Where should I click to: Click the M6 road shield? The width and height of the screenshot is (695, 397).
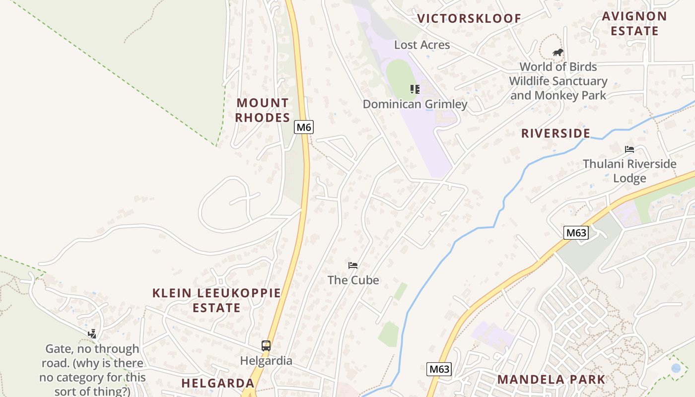pos(304,127)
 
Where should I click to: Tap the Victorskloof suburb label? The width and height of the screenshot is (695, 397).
pos(469,19)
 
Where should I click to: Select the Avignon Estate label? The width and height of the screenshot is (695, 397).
pos(634,23)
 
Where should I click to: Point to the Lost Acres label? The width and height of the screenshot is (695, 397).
pos(422,45)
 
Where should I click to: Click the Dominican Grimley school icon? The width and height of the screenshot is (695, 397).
pos(415,89)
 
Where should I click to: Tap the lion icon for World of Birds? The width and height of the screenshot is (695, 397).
pos(558,52)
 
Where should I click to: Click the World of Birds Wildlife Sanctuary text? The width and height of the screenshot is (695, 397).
pos(558,81)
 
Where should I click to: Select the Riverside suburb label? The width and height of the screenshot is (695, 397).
pos(556,133)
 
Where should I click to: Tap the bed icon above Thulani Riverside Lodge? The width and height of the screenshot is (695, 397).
pos(629,149)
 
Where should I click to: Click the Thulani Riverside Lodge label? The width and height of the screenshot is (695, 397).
pos(629,171)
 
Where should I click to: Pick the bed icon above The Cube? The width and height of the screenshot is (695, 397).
pos(353,265)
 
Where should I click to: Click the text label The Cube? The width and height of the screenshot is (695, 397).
pos(353,280)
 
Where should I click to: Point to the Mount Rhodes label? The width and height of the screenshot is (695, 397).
pos(263,110)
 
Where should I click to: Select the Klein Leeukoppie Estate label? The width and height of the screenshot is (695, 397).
pos(216,300)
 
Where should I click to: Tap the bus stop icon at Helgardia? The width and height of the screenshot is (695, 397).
pos(266,345)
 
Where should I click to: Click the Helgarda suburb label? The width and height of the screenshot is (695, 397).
pos(217,383)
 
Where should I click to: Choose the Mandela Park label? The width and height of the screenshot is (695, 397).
pos(551,380)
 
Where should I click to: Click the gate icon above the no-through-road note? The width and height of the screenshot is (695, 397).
pos(92,334)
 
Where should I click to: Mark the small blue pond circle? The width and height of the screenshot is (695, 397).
pos(676,368)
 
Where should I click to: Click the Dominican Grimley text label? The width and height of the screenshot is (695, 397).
pos(415,104)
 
